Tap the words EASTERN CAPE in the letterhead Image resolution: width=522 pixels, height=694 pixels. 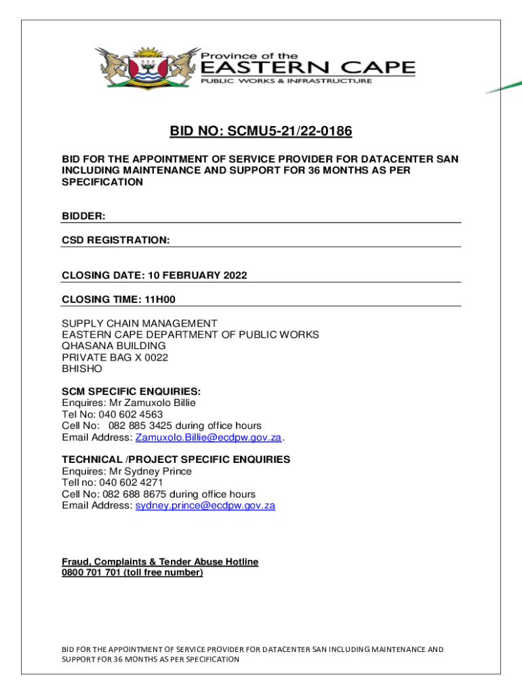(306, 67)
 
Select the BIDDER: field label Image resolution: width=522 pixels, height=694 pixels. (83, 216)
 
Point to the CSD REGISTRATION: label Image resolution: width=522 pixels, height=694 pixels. (116, 240)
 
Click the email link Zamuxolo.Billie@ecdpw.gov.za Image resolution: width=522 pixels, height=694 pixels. (209, 437)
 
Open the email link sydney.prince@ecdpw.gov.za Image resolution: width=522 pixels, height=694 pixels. (205, 506)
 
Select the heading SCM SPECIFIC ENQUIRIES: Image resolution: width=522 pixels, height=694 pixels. (132, 391)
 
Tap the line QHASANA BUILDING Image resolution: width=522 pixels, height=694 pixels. (114, 346)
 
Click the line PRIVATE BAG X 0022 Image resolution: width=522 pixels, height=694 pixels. (115, 357)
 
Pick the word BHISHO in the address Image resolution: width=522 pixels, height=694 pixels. (82, 369)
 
